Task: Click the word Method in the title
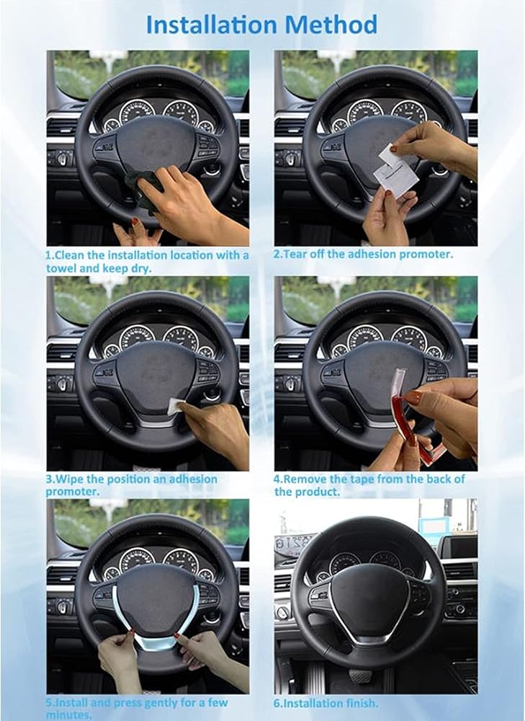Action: pos(331,25)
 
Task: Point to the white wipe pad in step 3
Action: pos(174,406)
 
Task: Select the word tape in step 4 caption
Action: pos(362,479)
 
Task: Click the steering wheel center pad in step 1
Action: pos(156,146)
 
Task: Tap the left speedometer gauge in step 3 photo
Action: pos(137,338)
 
